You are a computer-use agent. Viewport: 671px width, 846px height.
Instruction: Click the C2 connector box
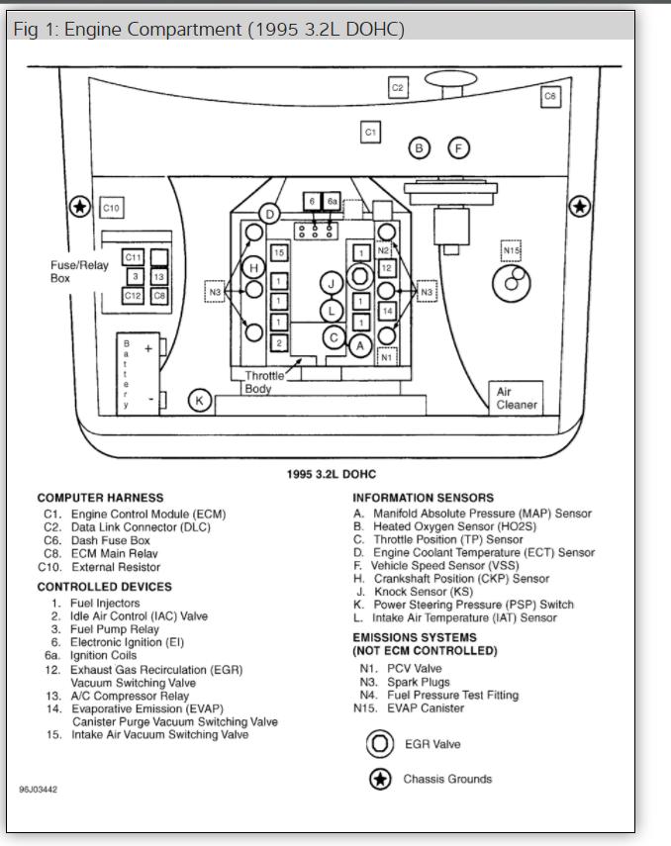click(x=397, y=88)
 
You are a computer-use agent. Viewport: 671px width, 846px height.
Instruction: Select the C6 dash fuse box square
click(x=551, y=96)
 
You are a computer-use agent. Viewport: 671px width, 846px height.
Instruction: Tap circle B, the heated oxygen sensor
click(x=420, y=148)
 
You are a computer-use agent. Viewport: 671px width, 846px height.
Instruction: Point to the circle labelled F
click(x=457, y=148)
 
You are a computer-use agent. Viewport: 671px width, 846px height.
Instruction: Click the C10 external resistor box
click(x=111, y=209)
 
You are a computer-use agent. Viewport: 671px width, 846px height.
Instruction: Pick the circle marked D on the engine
click(x=269, y=214)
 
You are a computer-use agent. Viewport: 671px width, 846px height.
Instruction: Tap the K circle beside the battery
click(x=200, y=401)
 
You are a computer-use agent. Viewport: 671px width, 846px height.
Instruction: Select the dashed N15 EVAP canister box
click(x=511, y=251)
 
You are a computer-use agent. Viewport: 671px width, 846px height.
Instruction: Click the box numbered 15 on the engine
click(x=279, y=253)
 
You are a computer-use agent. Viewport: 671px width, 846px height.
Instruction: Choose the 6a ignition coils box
click(x=333, y=202)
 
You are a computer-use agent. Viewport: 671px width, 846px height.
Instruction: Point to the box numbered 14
click(x=387, y=312)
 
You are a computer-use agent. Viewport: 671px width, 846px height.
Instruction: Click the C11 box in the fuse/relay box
click(x=133, y=258)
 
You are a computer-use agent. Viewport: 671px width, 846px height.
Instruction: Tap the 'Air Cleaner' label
click(x=516, y=398)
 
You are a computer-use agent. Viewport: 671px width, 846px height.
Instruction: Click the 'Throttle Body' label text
click(x=264, y=382)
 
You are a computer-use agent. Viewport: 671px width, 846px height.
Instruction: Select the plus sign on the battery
click(x=147, y=349)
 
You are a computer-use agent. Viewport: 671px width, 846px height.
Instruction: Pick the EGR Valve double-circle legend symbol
click(x=379, y=744)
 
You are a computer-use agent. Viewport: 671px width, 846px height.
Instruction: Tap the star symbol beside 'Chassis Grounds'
click(x=379, y=780)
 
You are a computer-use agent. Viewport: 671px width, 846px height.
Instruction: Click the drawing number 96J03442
click(x=38, y=791)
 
